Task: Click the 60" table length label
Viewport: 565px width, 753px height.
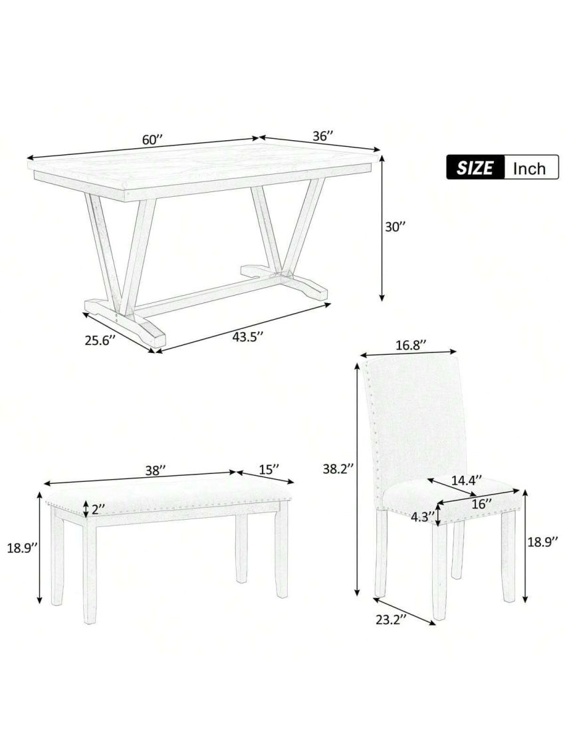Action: (152, 140)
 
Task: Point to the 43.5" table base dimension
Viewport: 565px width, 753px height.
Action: (248, 336)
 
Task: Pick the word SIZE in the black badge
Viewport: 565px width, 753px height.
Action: (475, 167)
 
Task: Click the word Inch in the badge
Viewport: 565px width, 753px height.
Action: (529, 167)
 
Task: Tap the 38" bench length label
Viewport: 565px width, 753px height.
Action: (155, 470)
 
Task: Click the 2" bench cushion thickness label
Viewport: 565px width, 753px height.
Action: (99, 510)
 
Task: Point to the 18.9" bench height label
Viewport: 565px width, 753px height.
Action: (21, 550)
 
